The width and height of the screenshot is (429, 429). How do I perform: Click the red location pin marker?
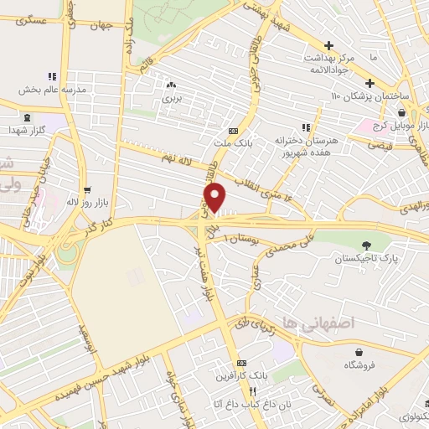click(215, 198)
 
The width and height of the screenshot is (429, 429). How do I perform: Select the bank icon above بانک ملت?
click(232, 130)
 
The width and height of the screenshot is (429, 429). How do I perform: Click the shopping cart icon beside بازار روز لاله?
click(87, 192)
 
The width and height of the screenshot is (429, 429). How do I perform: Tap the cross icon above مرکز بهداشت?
click(328, 45)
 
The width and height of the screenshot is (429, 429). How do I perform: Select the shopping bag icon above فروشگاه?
click(360, 353)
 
